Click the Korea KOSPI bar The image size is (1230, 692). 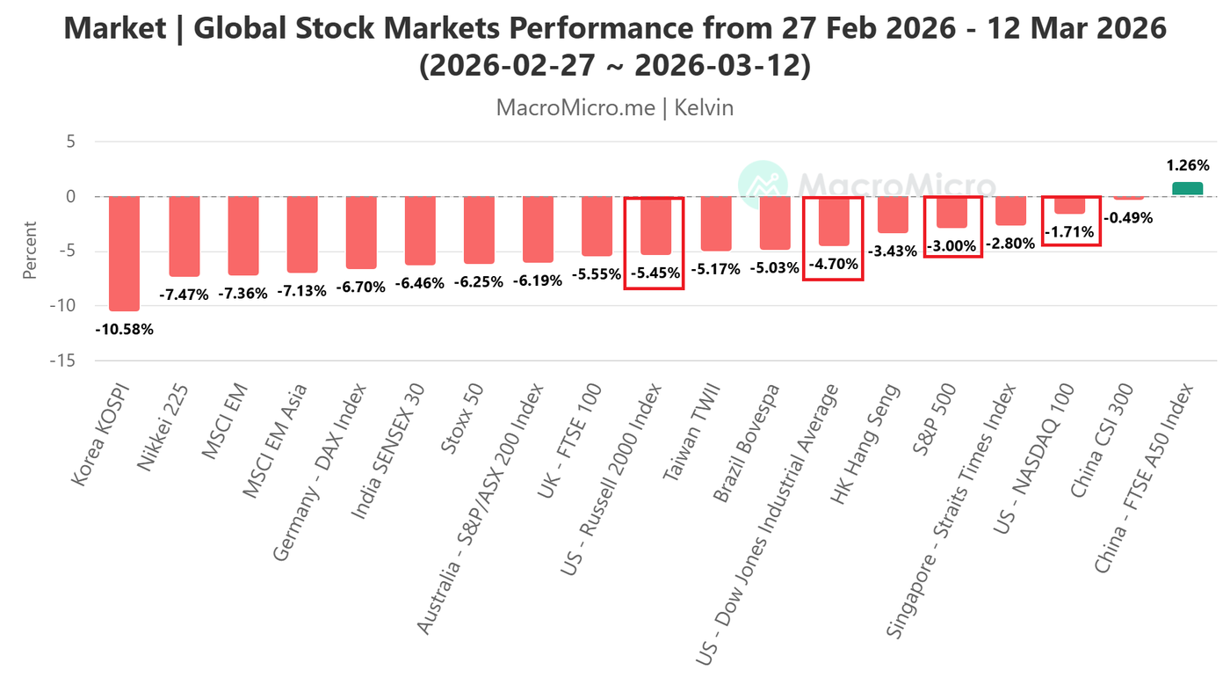(x=124, y=253)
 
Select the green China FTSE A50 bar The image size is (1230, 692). (x=1187, y=189)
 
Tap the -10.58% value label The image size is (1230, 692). (x=124, y=330)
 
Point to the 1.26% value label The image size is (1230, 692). (x=1188, y=165)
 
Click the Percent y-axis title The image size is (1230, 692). (x=30, y=251)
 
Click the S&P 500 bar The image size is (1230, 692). (x=951, y=213)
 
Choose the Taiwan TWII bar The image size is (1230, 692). (x=716, y=223)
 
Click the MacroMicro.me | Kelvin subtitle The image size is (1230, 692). (x=614, y=108)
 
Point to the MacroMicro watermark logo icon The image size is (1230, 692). (x=762, y=186)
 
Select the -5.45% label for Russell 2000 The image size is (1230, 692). (x=655, y=273)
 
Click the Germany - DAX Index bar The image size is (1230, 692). (x=361, y=232)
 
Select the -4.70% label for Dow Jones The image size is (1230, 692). (x=833, y=263)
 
